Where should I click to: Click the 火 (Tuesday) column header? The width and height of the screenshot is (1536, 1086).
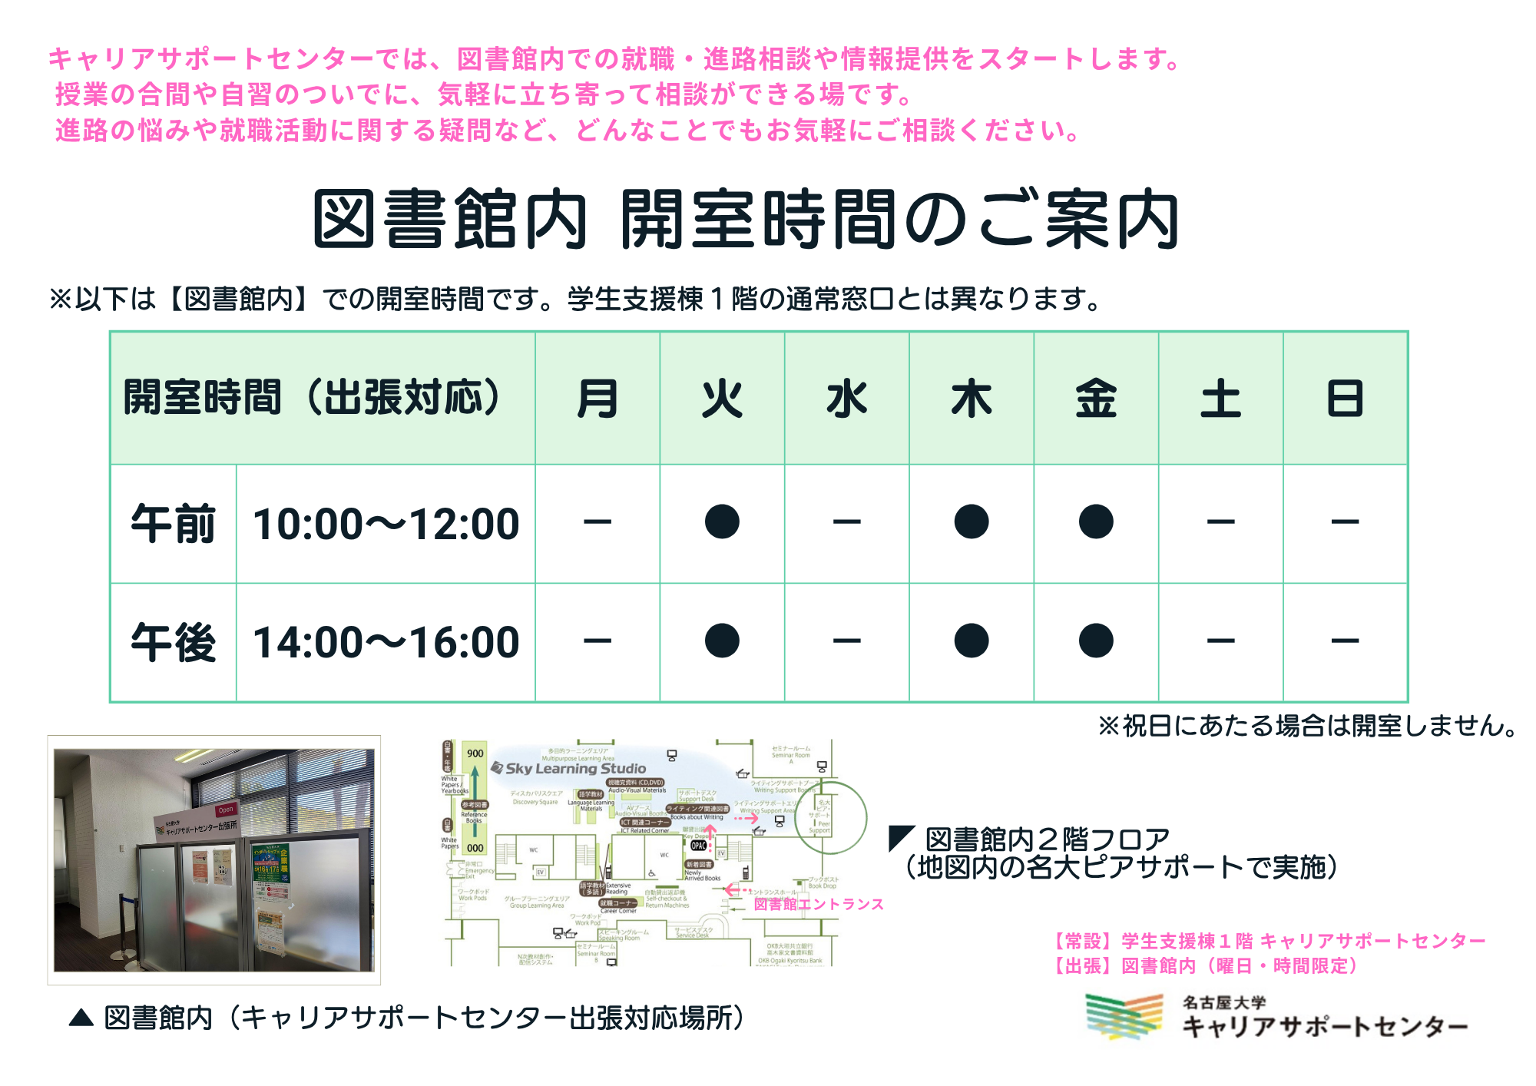coord(722,399)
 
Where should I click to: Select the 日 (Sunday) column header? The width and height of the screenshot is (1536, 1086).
coord(1345,399)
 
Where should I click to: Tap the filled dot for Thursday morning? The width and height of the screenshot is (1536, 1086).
coord(972,522)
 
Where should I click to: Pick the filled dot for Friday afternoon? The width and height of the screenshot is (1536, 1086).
coord(1096,641)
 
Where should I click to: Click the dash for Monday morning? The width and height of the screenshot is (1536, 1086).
coord(598,522)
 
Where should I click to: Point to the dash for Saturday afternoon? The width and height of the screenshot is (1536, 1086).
coord(1220,641)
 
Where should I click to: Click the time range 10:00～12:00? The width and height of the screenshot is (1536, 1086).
coord(386,525)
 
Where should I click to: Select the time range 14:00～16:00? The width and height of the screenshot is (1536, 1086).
coord(386,643)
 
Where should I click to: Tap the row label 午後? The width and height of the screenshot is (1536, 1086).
coord(174,643)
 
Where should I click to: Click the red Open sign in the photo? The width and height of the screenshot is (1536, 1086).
coord(225,810)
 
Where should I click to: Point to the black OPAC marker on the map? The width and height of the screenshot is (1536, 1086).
coord(698,846)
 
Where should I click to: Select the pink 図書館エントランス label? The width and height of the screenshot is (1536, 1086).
coord(819,904)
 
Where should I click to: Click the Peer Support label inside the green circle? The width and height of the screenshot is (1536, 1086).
coord(819,826)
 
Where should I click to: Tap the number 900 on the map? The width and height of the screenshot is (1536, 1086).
coord(475,753)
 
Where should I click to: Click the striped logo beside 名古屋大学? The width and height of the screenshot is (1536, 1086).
coord(1124,1017)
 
